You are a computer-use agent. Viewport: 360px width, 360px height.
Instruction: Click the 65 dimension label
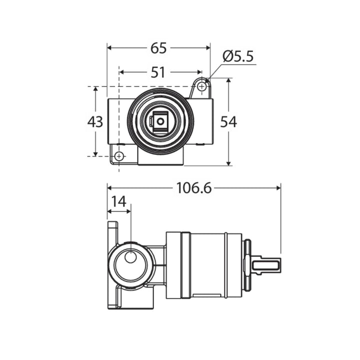click(158, 48)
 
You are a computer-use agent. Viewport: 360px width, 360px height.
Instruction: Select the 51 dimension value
click(158, 72)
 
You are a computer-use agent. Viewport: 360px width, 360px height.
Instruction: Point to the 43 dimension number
click(95, 121)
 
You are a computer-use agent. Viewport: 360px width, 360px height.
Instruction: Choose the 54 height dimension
click(228, 121)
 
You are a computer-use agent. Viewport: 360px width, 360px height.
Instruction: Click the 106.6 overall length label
click(194, 188)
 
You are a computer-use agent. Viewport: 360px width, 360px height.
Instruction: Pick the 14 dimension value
click(118, 201)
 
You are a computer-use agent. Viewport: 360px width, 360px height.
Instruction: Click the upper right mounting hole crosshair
click(201, 86)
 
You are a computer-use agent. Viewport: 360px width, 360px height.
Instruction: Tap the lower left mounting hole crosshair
click(119, 156)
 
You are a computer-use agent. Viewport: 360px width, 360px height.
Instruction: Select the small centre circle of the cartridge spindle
click(160, 121)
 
